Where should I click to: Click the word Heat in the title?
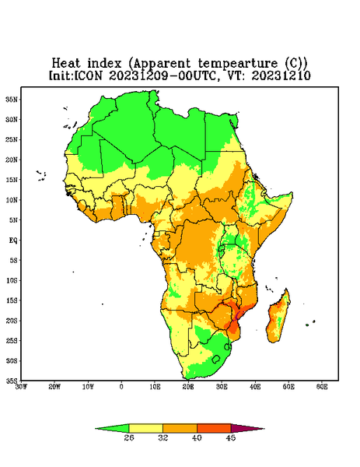66,64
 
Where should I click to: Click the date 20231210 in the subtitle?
281,75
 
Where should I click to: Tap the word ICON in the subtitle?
89,75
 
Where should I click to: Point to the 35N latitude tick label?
12,99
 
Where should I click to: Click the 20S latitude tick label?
12,321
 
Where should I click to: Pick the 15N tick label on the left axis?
12,180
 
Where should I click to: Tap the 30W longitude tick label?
21,387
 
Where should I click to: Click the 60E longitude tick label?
322,387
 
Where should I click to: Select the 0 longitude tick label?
121,387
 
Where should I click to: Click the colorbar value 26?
129,437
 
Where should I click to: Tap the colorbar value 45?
231,437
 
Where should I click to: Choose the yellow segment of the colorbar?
145,429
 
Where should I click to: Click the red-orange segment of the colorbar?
214,429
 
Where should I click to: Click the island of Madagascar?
278,318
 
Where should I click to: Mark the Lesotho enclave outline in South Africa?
216,360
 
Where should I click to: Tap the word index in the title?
104,64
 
